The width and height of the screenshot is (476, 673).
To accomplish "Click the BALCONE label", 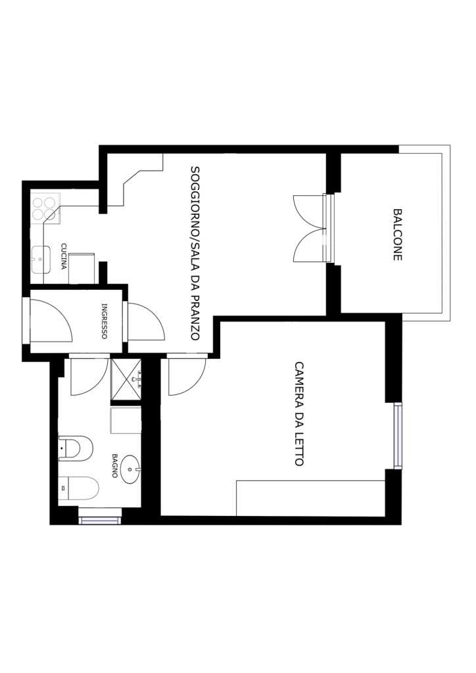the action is [x=398, y=235].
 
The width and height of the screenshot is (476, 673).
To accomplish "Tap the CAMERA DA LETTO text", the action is [x=299, y=414].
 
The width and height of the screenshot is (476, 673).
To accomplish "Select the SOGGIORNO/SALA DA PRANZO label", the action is [x=195, y=253].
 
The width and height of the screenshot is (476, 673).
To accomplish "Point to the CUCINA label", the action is [x=64, y=256].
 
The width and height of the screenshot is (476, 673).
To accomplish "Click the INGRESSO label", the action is [x=104, y=321].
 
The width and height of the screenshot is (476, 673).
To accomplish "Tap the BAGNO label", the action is [x=114, y=466].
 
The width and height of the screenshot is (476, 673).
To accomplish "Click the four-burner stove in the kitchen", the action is [x=45, y=208].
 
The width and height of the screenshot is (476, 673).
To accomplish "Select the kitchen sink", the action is [x=41, y=259].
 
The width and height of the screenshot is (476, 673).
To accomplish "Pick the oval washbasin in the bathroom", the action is [x=130, y=469].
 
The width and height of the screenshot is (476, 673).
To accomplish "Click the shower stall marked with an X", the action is [x=126, y=379].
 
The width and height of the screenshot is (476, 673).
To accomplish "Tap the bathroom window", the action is [x=100, y=521].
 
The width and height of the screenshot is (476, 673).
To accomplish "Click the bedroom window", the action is [x=398, y=436].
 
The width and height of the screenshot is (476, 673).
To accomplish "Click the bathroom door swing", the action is [x=88, y=376].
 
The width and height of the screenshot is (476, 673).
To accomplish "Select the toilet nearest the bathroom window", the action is [x=78, y=488].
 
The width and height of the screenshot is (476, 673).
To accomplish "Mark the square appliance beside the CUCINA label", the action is [x=82, y=268].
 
